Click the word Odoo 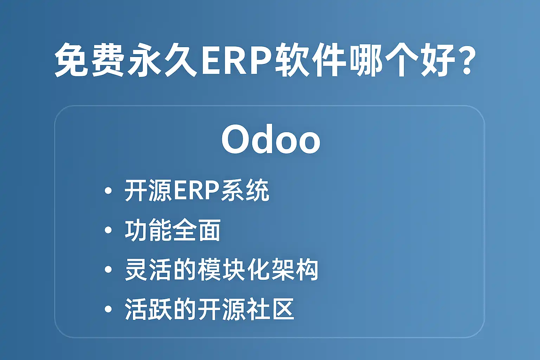pos(271,139)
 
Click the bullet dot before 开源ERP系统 pos(108,191)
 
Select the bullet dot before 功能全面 pos(108,230)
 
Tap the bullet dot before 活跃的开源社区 pos(108,309)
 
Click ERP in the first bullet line pos(195,191)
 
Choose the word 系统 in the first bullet pos(245,191)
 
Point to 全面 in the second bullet pos(196,230)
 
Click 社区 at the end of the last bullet pos(270,309)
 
